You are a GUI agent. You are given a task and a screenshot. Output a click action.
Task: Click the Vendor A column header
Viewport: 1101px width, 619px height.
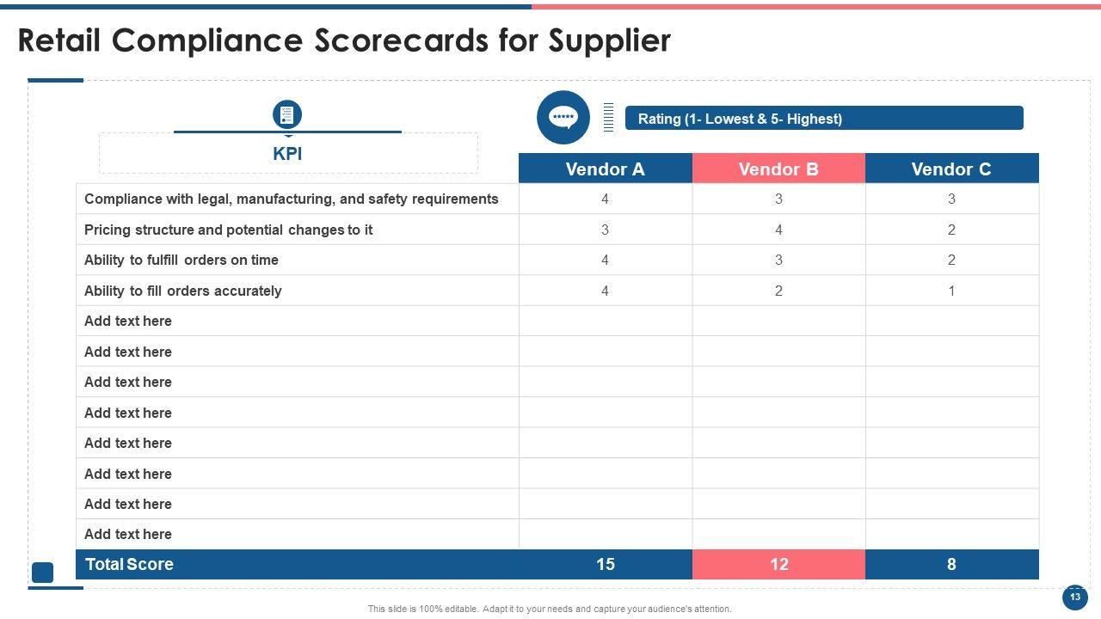(x=605, y=169)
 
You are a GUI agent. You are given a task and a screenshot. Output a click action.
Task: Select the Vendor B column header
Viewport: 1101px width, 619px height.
(x=778, y=169)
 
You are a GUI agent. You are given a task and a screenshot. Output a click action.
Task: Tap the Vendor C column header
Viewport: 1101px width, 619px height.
(x=951, y=169)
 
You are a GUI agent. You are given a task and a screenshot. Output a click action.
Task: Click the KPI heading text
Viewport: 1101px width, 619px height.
(x=287, y=154)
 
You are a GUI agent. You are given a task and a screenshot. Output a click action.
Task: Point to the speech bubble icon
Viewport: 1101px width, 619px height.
(x=563, y=117)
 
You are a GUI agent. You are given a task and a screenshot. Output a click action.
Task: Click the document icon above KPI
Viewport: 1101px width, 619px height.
(x=287, y=114)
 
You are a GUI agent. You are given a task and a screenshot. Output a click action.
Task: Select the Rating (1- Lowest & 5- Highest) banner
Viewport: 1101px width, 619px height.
(x=823, y=119)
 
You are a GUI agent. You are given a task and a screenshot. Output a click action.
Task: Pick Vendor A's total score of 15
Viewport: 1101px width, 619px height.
(x=605, y=565)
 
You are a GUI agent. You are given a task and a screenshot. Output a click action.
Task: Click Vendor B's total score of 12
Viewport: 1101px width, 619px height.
(x=778, y=565)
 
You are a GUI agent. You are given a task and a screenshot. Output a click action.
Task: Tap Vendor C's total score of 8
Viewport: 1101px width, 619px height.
(x=951, y=565)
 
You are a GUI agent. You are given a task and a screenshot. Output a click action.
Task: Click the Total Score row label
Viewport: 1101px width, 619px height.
(x=129, y=565)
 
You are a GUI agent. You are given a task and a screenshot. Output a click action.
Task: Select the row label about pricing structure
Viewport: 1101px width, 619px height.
(x=228, y=230)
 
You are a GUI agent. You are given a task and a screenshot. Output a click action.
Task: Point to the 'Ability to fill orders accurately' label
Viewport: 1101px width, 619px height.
(x=182, y=291)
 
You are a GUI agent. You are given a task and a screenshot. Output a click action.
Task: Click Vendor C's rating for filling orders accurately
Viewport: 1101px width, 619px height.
(x=951, y=291)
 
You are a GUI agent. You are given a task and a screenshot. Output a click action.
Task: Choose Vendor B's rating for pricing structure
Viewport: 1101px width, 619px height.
(x=778, y=230)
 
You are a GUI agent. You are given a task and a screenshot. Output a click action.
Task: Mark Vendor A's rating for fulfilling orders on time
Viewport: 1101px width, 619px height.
(x=605, y=260)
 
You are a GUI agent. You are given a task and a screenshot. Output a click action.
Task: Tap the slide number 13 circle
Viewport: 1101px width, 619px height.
(x=1074, y=597)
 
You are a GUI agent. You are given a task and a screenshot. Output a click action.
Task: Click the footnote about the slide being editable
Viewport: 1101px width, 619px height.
(x=550, y=609)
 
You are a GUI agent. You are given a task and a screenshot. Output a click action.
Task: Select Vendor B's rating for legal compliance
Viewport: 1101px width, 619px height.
(x=778, y=199)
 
